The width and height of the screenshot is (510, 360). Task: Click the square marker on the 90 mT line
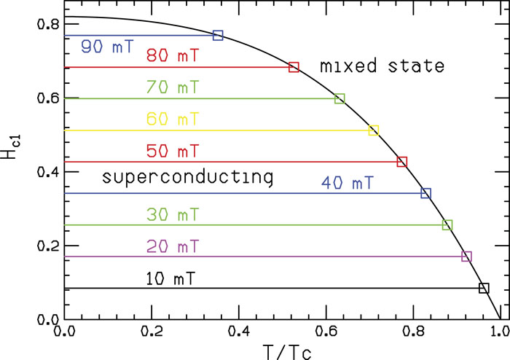218,35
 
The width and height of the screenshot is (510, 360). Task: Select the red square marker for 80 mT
294,67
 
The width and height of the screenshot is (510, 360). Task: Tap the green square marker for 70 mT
340,98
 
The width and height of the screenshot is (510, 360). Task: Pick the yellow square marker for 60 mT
374,130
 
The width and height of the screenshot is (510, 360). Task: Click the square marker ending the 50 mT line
401,162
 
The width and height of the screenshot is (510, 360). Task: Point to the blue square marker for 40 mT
426,193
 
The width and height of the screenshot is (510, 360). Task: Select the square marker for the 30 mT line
447,225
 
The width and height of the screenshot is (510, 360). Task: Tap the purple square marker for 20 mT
467,257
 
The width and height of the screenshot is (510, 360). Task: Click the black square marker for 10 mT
484,288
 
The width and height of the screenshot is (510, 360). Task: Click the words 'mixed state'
382,67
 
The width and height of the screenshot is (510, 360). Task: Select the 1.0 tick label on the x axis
499,332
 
